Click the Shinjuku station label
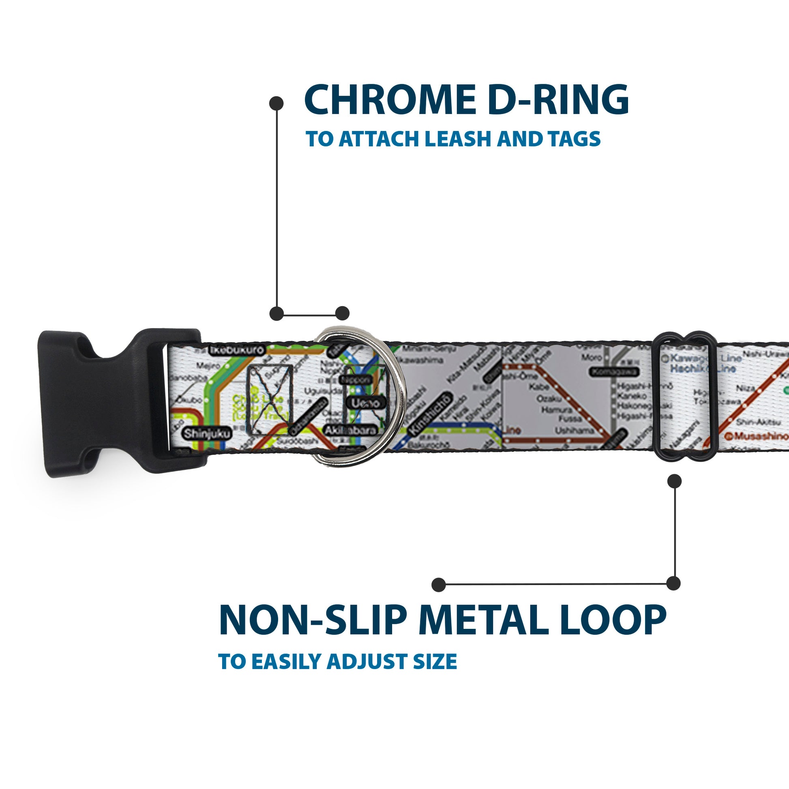coord(207,434)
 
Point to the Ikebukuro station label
coord(237,350)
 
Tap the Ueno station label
coord(365,403)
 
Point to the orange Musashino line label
coord(757,437)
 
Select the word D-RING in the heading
coord(558,100)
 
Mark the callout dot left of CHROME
coord(277,103)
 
